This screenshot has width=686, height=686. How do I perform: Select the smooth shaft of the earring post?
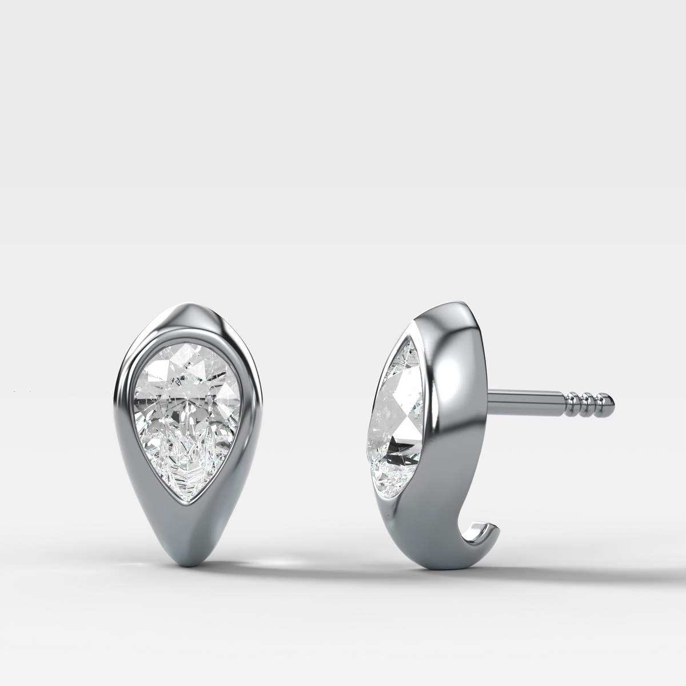[526, 396]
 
